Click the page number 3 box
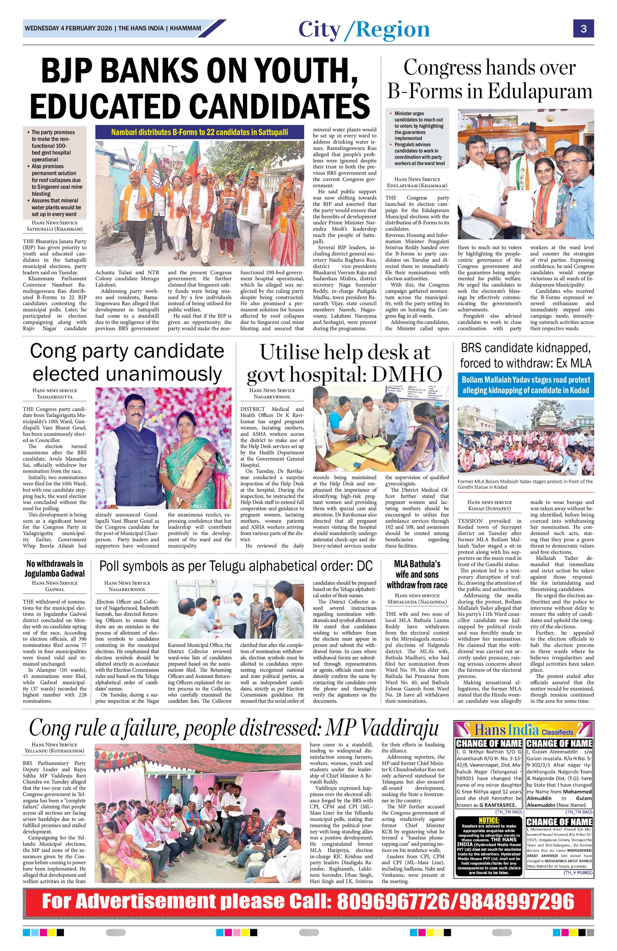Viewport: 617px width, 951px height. coord(584,28)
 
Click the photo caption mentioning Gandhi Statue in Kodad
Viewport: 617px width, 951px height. coord(525,484)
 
